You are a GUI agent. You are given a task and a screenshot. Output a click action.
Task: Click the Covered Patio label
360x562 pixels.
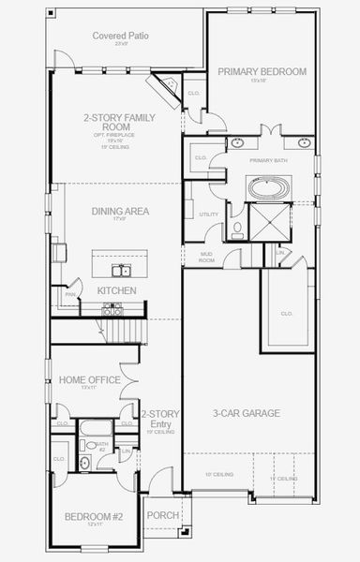[116, 36]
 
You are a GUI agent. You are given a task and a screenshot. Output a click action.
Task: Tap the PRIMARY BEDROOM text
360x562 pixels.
[262, 71]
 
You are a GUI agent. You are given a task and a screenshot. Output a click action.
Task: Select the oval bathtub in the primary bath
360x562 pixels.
[267, 187]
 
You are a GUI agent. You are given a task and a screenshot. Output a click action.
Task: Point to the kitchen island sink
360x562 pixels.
[121, 272]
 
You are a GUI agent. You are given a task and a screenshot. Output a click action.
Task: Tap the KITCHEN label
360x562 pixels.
[117, 291]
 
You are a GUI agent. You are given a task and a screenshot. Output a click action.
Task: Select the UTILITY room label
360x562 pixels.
[208, 214]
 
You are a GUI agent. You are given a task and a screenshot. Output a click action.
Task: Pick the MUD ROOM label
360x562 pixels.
[207, 257]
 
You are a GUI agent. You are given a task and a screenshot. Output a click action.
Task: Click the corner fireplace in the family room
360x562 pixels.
[169, 88]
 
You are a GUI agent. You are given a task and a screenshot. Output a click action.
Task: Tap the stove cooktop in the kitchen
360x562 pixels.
[59, 252]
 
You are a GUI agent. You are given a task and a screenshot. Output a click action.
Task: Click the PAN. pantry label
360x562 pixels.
[70, 295]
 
